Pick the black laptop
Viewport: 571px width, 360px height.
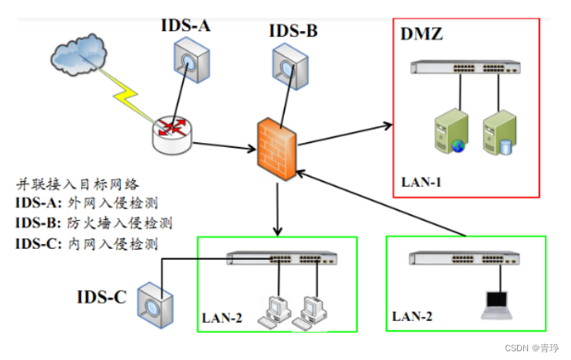497,303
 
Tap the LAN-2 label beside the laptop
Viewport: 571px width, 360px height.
412,316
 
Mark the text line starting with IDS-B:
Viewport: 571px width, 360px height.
93,222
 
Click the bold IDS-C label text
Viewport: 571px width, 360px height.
101,297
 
